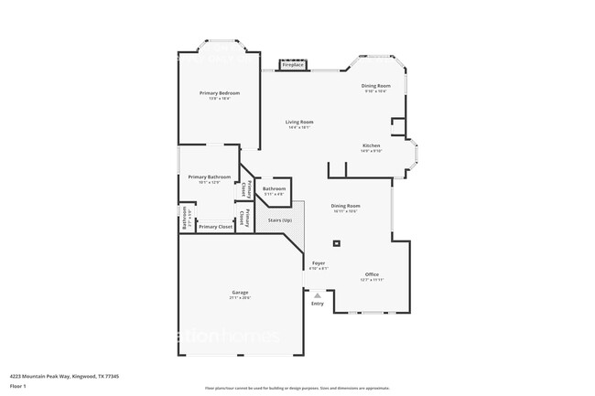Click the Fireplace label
[293, 66]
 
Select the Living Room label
[299, 122]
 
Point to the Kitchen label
[371, 145]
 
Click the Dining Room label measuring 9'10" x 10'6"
[375, 85]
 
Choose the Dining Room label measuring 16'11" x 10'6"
[345, 206]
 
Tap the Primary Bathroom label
[210, 177]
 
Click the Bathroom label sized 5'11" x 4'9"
[275, 188]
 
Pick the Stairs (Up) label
[279, 220]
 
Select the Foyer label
[318, 263]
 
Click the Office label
[372, 274]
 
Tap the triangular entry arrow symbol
[318, 295]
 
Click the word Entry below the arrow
[318, 304]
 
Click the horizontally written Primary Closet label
[215, 226]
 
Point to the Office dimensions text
[372, 280]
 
